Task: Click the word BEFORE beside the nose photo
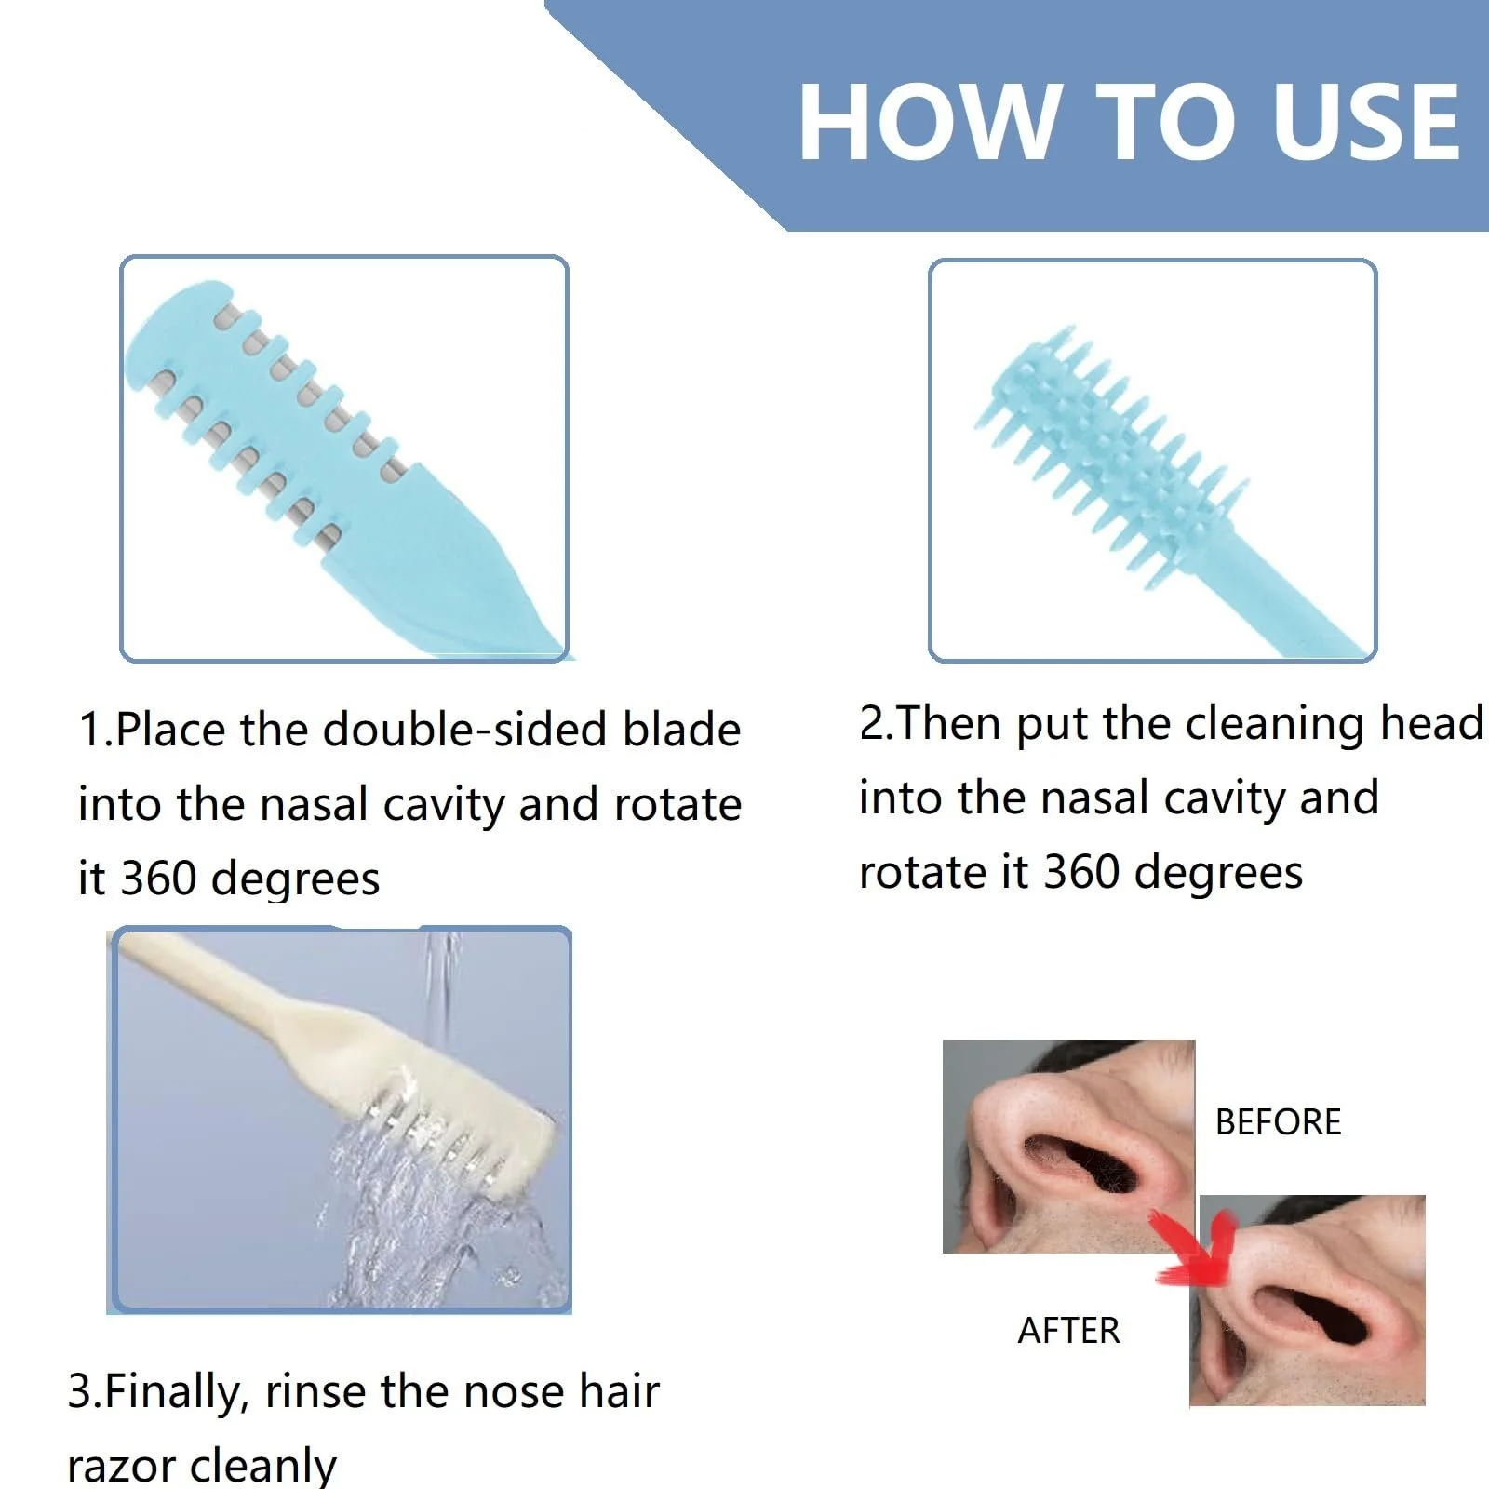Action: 1278,1122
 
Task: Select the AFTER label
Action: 1068,1331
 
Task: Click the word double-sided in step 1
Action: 469,729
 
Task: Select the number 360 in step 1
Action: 158,879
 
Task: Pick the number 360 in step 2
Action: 1080,872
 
